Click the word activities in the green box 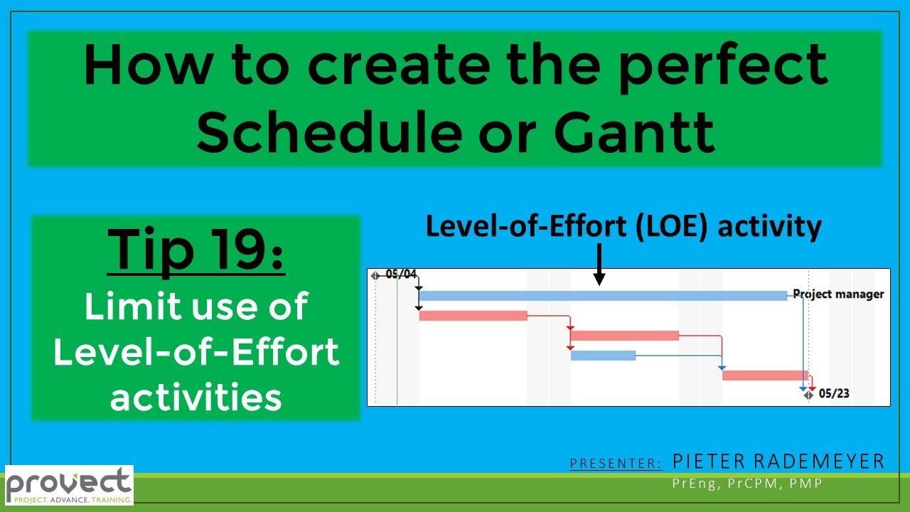196,397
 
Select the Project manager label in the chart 838,294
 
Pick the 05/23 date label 833,393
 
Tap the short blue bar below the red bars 603,356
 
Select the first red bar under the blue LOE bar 473,316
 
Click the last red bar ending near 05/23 765,375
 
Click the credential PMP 806,484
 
